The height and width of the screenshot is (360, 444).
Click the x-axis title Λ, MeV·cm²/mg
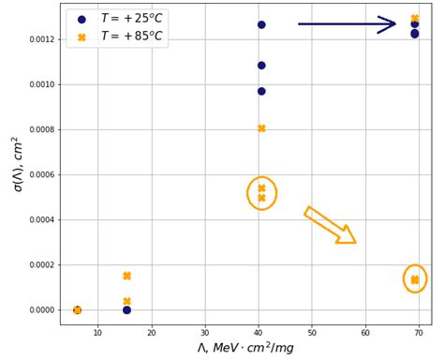pyautogui.click(x=245, y=348)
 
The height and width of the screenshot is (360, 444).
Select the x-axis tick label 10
pyautogui.click(x=98, y=332)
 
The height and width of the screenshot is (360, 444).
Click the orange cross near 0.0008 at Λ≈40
pyautogui.click(x=261, y=128)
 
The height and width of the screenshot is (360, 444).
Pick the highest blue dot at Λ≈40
pyautogui.click(x=261, y=24)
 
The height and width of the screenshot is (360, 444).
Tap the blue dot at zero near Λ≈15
pyautogui.click(x=126, y=310)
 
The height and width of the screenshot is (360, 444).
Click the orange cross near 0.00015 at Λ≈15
pyautogui.click(x=126, y=276)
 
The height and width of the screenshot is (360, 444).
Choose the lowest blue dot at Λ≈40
pyautogui.click(x=261, y=91)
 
